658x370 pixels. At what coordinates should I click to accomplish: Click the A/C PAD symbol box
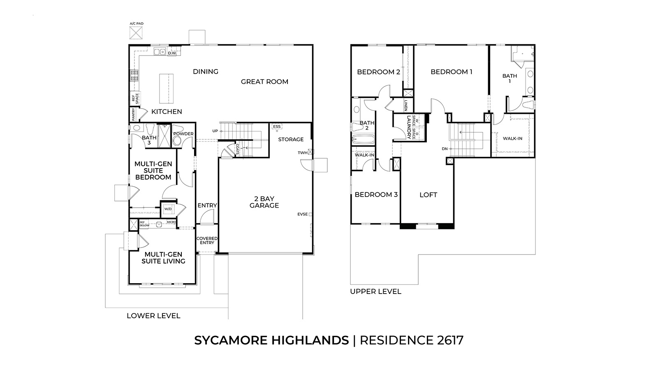[x=137, y=32]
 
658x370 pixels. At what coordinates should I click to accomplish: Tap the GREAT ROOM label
[x=264, y=81]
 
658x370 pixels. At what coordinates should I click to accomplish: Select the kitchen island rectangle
[x=166, y=88]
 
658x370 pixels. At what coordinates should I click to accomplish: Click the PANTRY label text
[x=134, y=115]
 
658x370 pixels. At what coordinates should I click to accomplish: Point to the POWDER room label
[x=183, y=134]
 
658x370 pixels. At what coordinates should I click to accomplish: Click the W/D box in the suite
[x=168, y=209]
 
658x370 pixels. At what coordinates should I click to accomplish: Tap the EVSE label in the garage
[x=303, y=214]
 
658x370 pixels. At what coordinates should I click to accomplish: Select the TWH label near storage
[x=303, y=153]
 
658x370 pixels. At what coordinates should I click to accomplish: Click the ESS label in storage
[x=277, y=126]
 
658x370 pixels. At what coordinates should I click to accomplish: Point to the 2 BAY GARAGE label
[x=264, y=202]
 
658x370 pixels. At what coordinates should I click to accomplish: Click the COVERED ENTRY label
[x=207, y=240]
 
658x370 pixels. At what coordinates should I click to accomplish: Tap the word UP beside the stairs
[x=215, y=131]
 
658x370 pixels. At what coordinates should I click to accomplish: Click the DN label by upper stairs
[x=445, y=149]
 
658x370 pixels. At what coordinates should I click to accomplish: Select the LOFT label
[x=428, y=195]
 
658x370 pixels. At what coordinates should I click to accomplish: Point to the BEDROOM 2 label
[x=378, y=72]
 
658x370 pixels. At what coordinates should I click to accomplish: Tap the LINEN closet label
[x=405, y=105]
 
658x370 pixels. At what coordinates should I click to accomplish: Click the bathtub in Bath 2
[x=364, y=139]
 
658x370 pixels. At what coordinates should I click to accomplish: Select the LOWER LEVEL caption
[x=153, y=316]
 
